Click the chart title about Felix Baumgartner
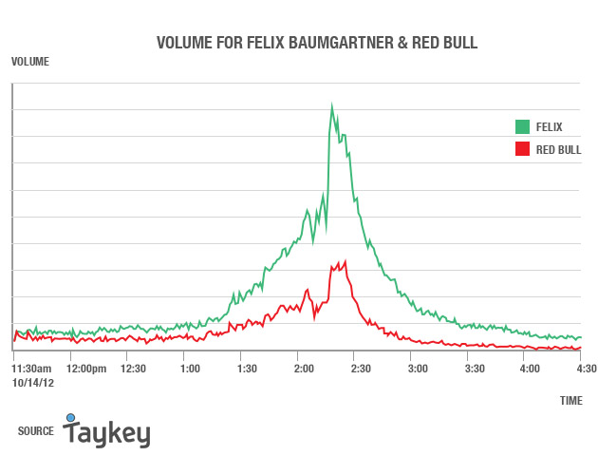(317, 43)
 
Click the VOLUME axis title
(29, 62)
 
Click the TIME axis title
(571, 401)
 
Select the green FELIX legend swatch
(521, 126)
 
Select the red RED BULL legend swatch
(521, 149)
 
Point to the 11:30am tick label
(31, 368)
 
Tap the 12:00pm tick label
(86, 368)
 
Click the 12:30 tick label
(133, 368)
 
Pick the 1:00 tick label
(190, 368)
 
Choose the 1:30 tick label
(247, 368)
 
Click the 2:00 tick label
(304, 368)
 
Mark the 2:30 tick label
(360, 368)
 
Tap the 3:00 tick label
(417, 368)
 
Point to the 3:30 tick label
(474, 368)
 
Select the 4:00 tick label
(530, 368)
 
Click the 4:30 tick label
(586, 368)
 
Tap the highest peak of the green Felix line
(332, 105)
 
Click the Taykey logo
(106, 431)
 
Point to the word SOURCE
(35, 431)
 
